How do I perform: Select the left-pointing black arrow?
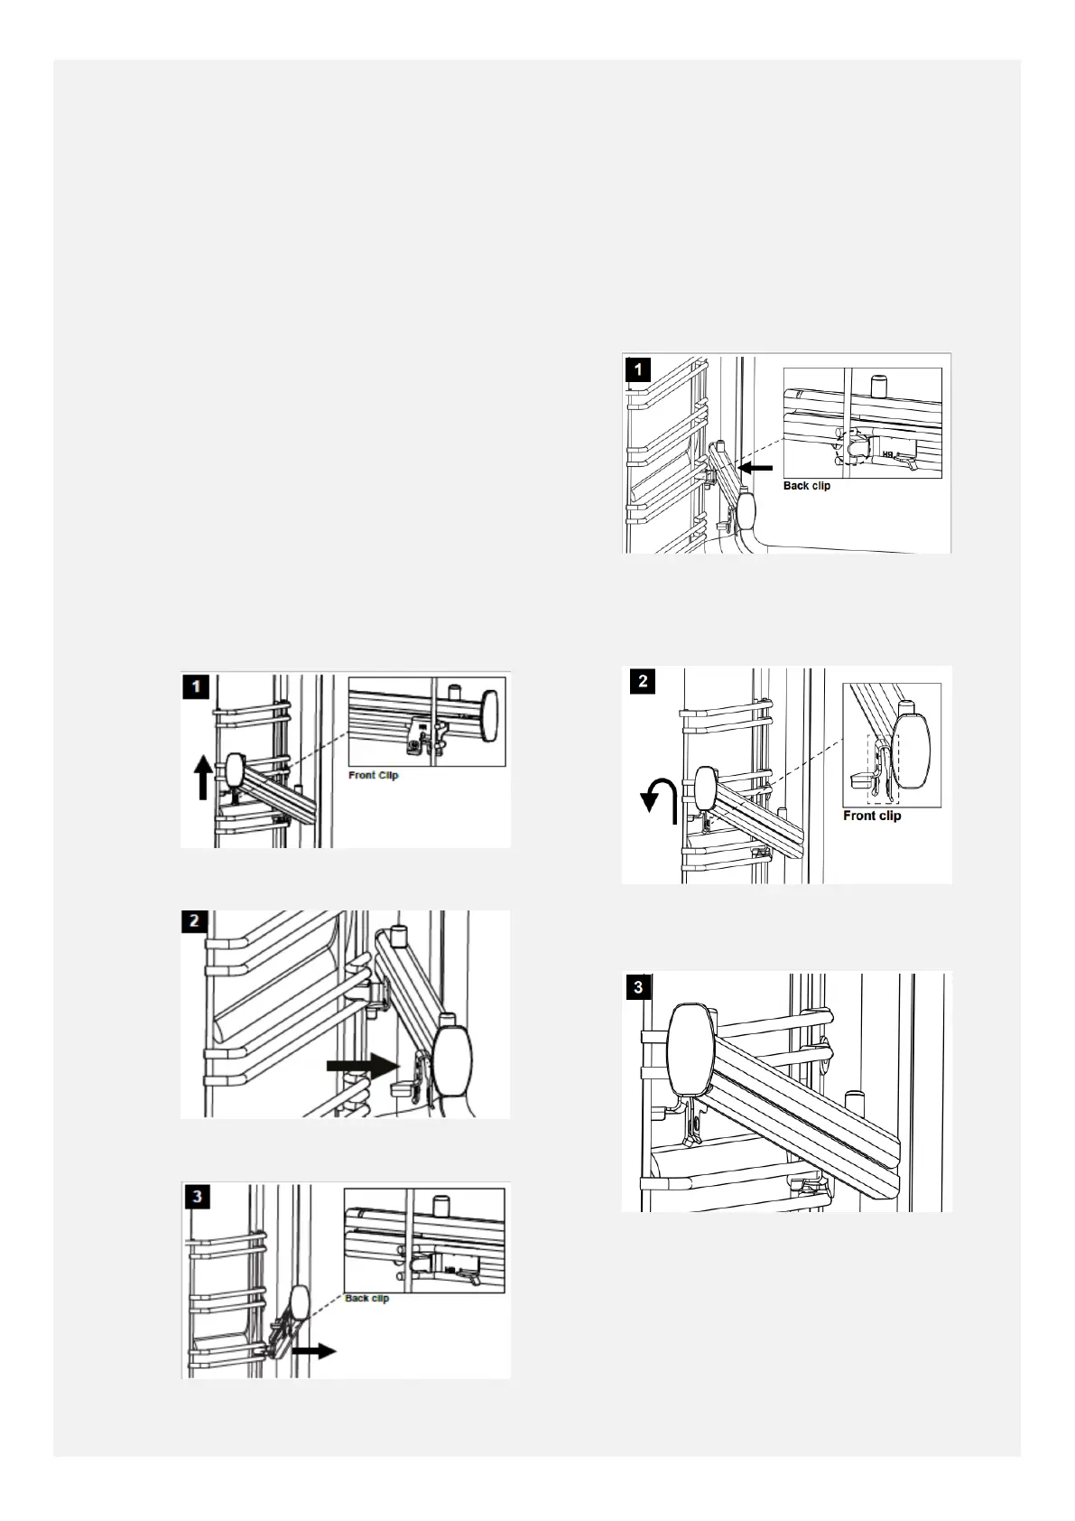coord(755,468)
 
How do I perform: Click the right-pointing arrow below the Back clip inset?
coord(314,1351)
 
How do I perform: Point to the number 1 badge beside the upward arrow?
coord(196,686)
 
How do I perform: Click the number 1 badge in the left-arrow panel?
coord(638,370)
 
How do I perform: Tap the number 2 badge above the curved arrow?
coord(643,681)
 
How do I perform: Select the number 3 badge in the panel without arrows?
coord(638,987)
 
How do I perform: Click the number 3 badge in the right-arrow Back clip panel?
coord(197,1197)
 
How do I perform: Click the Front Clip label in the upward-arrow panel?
coord(374,775)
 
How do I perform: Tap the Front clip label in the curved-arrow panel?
coord(872,816)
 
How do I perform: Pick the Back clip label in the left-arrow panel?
coord(807,486)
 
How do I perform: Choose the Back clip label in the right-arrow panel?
coord(367,1298)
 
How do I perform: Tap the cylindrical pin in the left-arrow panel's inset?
coord(880,386)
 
